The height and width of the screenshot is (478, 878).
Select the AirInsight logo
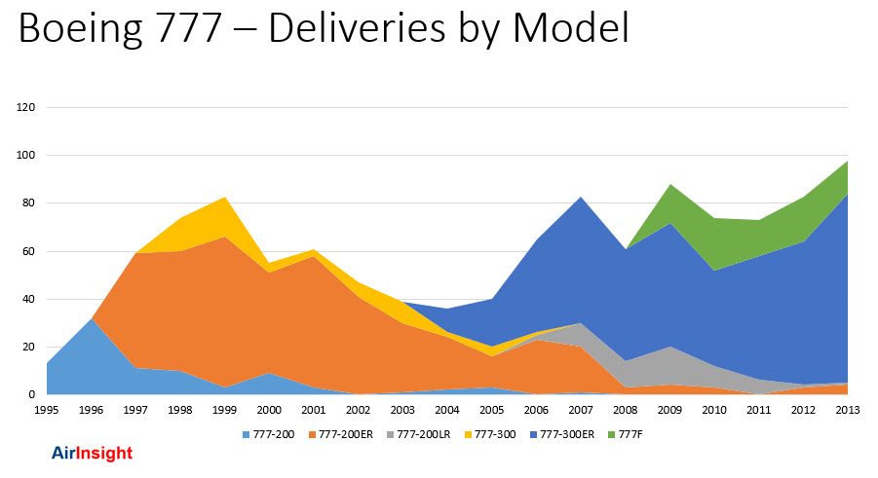[x=92, y=454]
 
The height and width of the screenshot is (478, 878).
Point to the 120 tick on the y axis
[x=25, y=108]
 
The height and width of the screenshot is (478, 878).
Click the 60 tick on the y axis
[x=28, y=251]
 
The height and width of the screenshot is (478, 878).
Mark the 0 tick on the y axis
[x=31, y=395]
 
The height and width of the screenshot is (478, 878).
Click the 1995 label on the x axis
[x=46, y=410]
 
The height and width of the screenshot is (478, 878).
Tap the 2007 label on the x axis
[x=581, y=410]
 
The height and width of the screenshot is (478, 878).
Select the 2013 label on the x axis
[x=848, y=410]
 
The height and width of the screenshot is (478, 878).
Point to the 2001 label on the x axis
[x=314, y=410]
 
